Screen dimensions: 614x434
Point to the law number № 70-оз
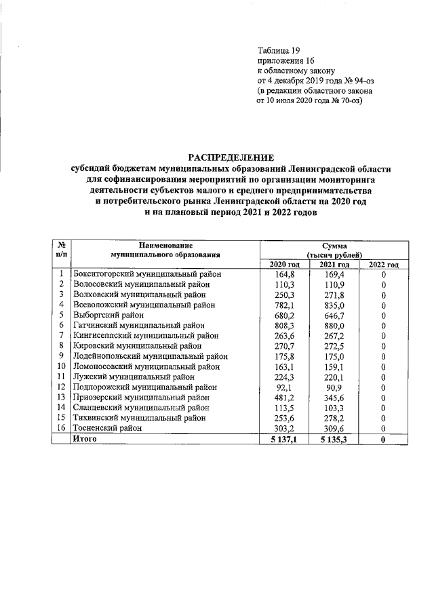349,101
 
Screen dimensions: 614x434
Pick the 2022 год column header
383,265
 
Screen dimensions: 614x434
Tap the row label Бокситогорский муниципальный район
146,274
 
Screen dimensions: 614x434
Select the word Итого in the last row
85,439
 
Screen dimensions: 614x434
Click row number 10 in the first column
61,366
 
